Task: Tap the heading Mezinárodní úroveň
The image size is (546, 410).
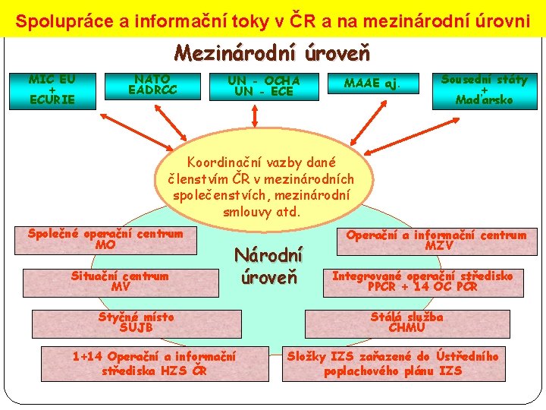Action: coord(272,53)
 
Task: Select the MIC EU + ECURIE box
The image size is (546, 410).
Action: coord(52,90)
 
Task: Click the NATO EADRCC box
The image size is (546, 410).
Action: coord(152,85)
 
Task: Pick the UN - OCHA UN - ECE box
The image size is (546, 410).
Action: coord(264,86)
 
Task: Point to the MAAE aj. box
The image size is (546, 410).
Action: coord(372,82)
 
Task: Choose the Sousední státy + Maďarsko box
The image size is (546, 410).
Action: coord(484,90)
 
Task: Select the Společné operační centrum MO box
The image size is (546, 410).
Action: coord(105,239)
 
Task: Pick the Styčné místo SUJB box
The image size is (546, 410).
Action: coord(136,323)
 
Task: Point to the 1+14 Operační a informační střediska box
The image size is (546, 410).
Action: coord(154,363)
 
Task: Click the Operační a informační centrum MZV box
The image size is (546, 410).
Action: coord(436,240)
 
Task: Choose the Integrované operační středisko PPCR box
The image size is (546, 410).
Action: coord(423,282)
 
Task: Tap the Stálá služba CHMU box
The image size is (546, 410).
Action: coord(406,323)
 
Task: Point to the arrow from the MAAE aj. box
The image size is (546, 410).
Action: coord(356,121)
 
